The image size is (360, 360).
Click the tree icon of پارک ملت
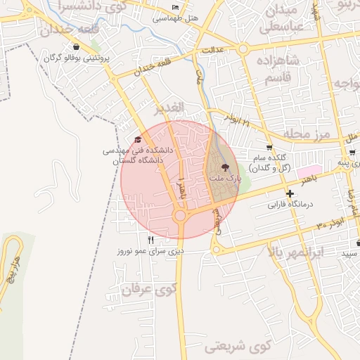(x=226, y=167)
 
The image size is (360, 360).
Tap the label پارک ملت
(x=225, y=179)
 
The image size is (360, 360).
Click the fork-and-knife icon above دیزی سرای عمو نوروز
(x=150, y=240)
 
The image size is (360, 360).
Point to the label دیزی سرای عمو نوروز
(x=150, y=250)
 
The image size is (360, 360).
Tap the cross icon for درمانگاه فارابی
(x=290, y=193)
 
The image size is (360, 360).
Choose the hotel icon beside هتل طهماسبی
(x=176, y=8)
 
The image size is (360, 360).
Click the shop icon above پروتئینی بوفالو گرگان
(x=76, y=47)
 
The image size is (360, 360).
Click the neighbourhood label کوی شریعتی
(x=239, y=347)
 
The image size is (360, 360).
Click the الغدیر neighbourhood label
(x=169, y=108)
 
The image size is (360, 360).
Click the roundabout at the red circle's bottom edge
(x=180, y=217)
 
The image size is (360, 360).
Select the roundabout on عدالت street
(x=243, y=49)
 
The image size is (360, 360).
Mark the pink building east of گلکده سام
(x=309, y=171)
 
